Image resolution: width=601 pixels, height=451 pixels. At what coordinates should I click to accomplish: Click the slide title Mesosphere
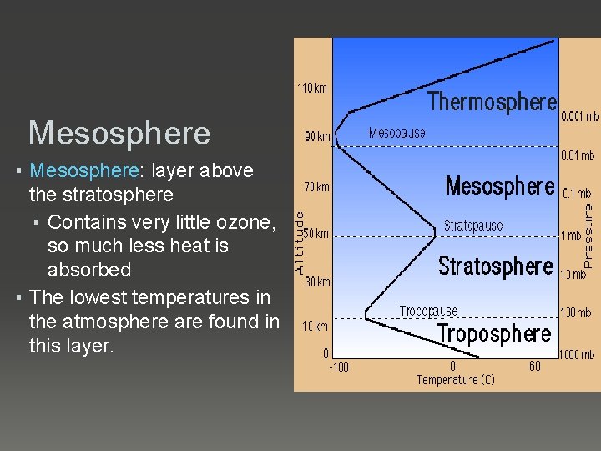coord(119,133)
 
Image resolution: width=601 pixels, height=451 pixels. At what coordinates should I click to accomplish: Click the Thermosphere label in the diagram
coord(492,102)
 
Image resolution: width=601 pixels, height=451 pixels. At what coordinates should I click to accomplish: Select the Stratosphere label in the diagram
coord(496,266)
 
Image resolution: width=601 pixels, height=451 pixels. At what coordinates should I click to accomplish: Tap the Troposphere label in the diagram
coord(494,334)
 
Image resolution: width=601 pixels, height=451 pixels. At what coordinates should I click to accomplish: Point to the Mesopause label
coord(397,133)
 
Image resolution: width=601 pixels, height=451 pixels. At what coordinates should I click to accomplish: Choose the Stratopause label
coord(473,225)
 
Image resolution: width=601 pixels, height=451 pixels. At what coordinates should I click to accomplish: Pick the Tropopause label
coord(429,312)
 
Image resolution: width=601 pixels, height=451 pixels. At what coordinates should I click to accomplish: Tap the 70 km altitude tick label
coord(316,188)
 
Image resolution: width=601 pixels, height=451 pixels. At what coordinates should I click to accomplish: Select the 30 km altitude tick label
coord(317,281)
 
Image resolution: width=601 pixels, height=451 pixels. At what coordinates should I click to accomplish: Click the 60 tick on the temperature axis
coord(535,366)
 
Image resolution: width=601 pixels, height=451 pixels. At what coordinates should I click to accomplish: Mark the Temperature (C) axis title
coord(456,380)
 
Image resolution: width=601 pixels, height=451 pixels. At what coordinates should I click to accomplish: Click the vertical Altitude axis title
coord(300,242)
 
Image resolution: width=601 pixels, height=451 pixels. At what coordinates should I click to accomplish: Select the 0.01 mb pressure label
coord(577,155)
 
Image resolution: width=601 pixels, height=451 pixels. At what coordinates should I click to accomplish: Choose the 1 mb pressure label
coord(571,236)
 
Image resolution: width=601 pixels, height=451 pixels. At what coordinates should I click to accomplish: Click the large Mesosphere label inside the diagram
coord(499,185)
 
